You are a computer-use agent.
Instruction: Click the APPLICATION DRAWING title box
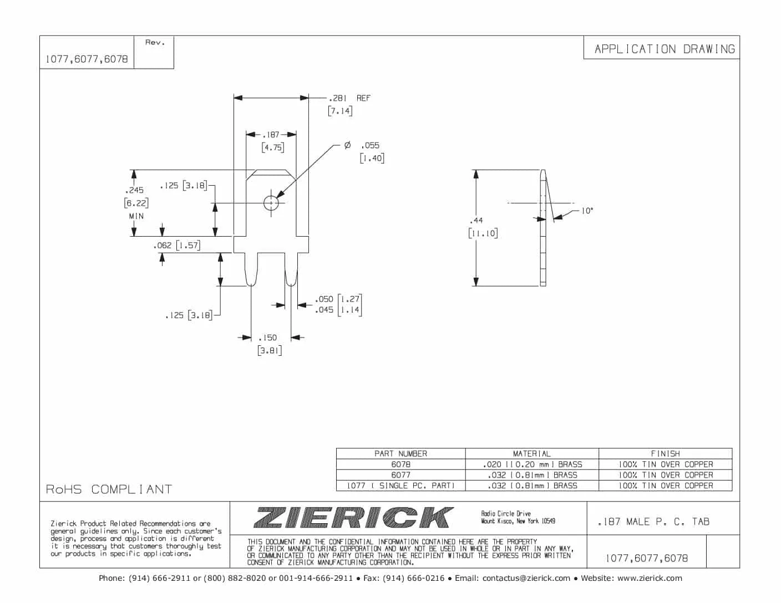click(664, 49)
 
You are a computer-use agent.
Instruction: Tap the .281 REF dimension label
click(349, 98)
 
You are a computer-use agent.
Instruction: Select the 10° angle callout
click(587, 211)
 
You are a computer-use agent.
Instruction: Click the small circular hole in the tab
click(271, 203)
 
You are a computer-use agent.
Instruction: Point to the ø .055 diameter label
click(363, 145)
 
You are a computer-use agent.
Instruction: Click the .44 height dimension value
click(476, 220)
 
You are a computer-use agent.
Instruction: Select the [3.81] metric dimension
click(270, 350)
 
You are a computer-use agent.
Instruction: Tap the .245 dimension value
click(135, 190)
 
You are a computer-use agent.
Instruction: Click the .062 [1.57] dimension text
click(177, 245)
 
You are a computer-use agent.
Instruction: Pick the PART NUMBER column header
click(400, 453)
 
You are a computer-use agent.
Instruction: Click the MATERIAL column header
click(531, 453)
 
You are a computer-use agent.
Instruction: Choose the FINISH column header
click(665, 453)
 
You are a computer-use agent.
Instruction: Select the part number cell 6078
click(400, 464)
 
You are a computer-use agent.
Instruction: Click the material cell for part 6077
click(531, 475)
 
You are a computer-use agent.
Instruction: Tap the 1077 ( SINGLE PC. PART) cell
click(400, 486)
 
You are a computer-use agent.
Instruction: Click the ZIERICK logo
click(353, 518)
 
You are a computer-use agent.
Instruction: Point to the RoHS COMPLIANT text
click(109, 489)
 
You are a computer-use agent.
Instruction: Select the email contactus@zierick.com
click(526, 578)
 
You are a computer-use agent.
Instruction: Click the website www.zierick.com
click(650, 578)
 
